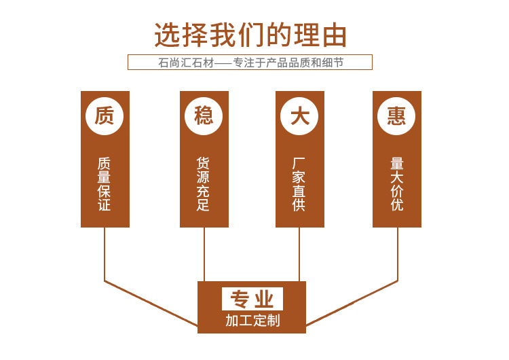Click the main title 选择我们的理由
(250, 35)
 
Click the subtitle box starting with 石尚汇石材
(250, 62)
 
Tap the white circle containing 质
(104, 115)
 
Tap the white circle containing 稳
(204, 115)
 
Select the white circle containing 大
(299, 115)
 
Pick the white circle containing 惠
(396, 115)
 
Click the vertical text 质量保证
(104, 184)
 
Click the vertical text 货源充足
(204, 184)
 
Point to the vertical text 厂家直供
(299, 184)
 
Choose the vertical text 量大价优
(397, 184)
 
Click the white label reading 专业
(252, 299)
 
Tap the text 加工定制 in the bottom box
(252, 321)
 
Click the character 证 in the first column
(104, 204)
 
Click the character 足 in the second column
(204, 204)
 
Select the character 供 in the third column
(299, 204)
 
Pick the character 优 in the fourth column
(397, 204)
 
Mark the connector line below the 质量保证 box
(105, 255)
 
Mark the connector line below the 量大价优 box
(398, 255)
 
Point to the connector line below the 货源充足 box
(204, 255)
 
